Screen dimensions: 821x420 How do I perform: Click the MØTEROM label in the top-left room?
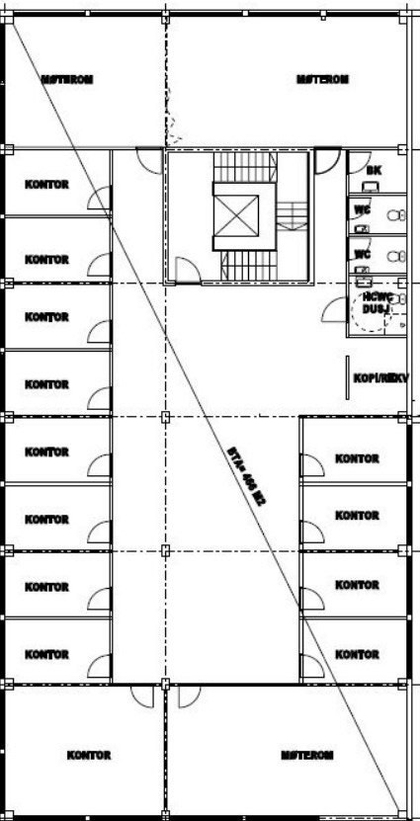pos(66,79)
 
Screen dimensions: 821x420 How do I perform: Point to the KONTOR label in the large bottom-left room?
pos(89,755)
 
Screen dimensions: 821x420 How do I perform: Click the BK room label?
pos(374,170)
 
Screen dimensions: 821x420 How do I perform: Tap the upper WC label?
pos(363,210)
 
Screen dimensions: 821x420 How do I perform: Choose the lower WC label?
pos(363,253)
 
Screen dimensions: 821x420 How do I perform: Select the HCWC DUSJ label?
pos(373,301)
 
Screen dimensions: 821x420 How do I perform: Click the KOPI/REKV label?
pos(380,377)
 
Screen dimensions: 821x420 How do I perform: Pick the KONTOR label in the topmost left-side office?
pos(46,185)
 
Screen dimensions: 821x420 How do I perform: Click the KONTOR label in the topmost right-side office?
pos(357,458)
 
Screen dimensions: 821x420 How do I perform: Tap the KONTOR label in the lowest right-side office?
pos(357,654)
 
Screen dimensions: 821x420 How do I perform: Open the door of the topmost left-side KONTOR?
pos(100,202)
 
